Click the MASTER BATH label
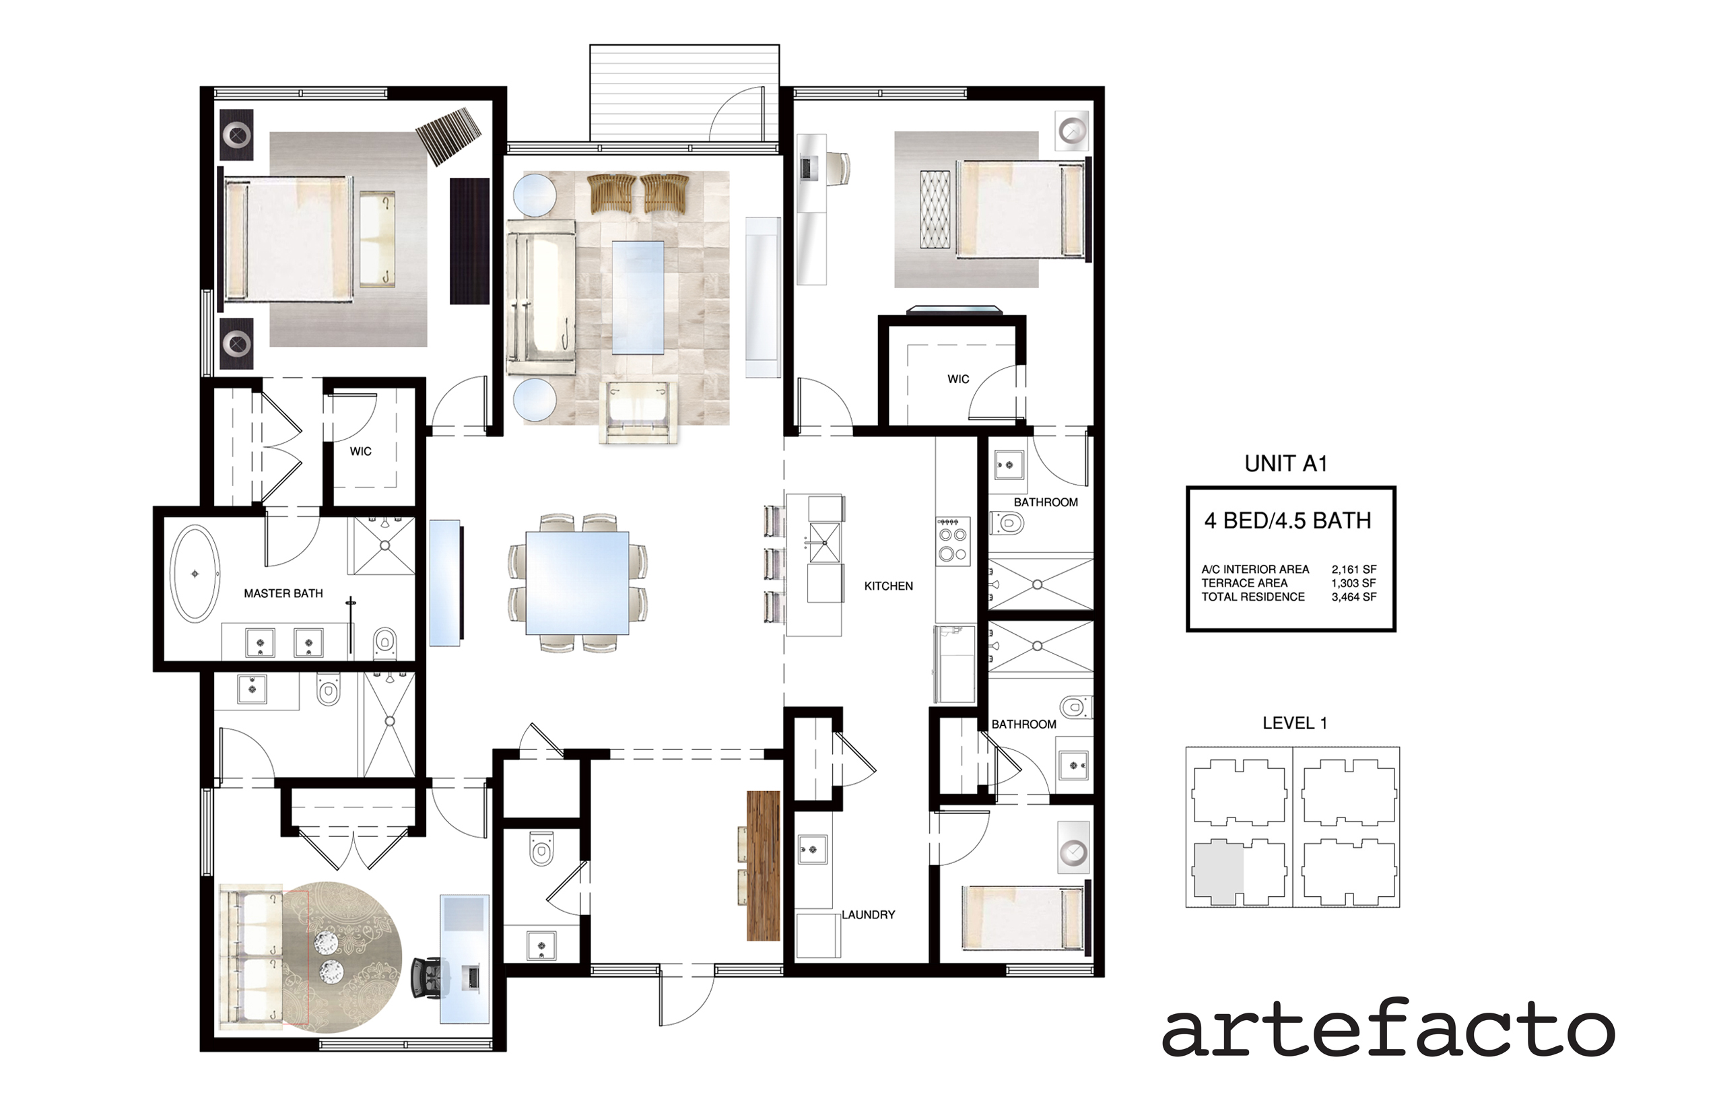(283, 594)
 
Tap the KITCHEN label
(888, 586)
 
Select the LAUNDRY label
(868, 915)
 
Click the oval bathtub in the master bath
(195, 574)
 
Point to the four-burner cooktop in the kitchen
(952, 541)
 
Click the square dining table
(577, 583)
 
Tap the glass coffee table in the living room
(638, 297)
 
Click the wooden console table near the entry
(764, 866)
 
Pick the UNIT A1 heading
(1285, 464)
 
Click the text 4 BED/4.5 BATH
(1287, 521)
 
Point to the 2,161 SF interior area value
(1354, 569)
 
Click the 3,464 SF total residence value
(1354, 597)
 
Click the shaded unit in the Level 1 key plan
(1218, 871)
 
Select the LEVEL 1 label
(1294, 723)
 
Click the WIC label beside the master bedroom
(361, 452)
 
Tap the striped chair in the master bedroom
(448, 136)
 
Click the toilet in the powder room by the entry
(541, 849)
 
